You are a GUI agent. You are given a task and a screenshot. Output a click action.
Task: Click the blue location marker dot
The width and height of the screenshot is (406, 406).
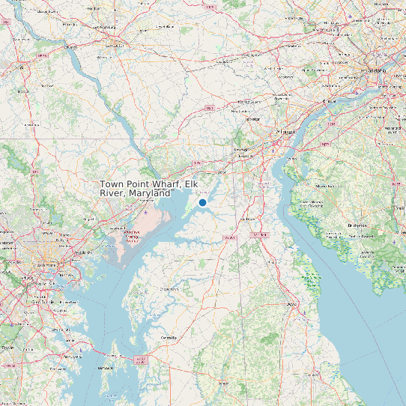pyautogui.click(x=202, y=202)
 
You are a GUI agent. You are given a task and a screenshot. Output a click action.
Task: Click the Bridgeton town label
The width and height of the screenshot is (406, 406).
pyautogui.click(x=357, y=225)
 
